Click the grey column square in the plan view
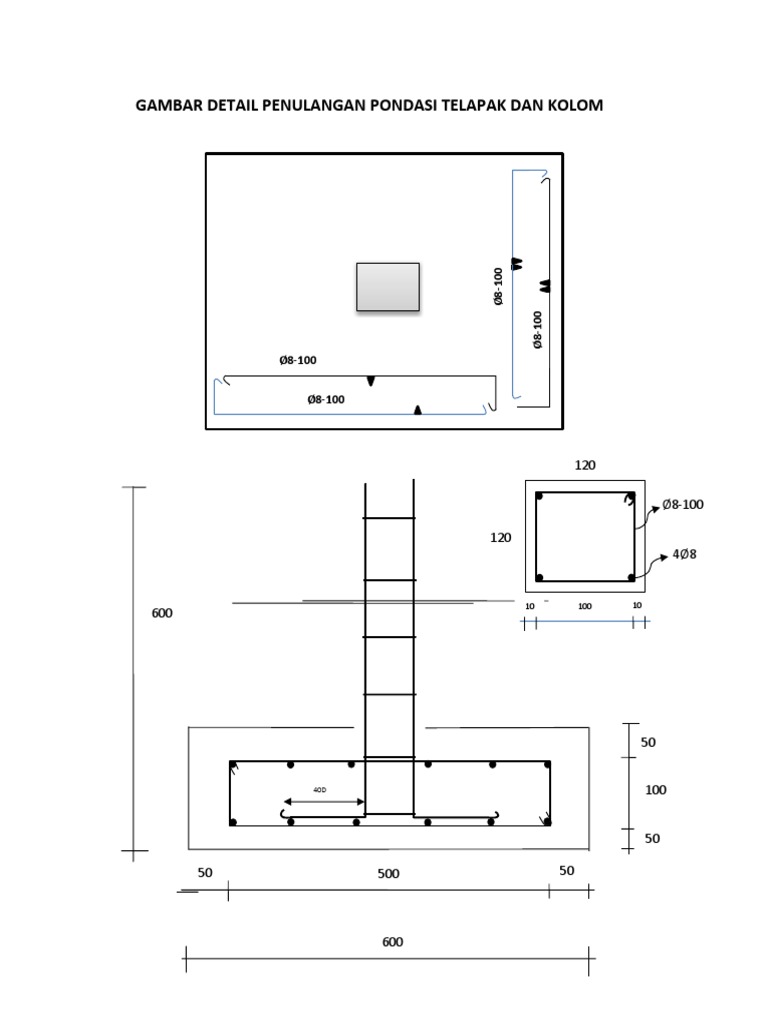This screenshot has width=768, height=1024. click(x=388, y=287)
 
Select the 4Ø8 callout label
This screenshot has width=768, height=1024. click(x=684, y=554)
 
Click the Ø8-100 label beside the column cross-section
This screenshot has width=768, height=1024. click(x=683, y=504)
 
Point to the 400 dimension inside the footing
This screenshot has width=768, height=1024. click(x=319, y=790)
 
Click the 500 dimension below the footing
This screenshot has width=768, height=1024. click(x=388, y=874)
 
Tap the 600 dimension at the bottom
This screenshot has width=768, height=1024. click(x=392, y=942)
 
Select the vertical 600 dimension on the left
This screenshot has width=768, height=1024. click(x=162, y=613)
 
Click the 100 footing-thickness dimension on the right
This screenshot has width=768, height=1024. click(x=656, y=790)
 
